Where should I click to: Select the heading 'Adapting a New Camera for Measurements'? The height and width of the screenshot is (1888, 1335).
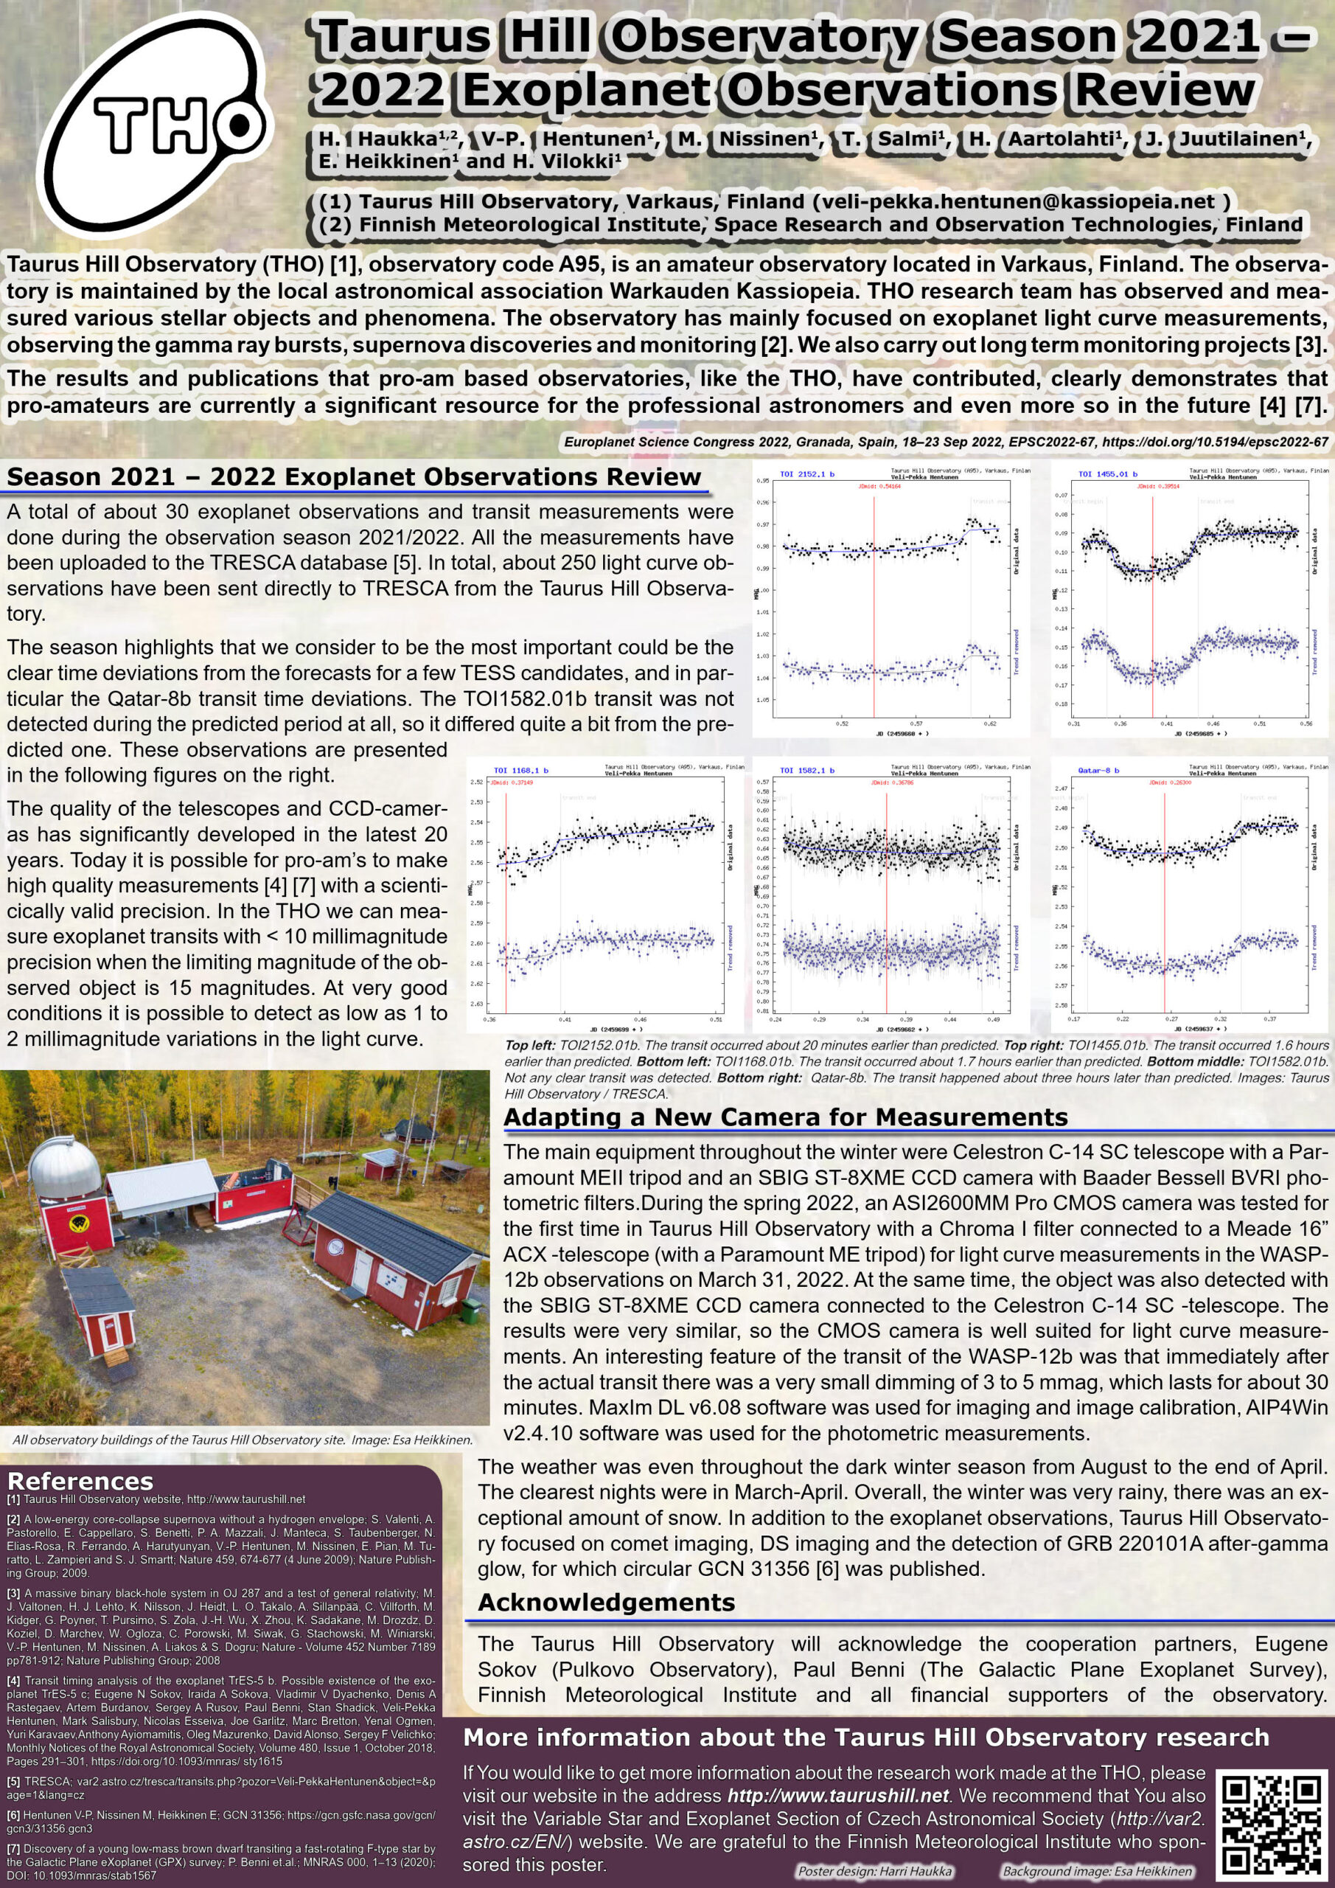[x=785, y=1117]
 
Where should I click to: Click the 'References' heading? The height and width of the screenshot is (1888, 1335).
[x=80, y=1482]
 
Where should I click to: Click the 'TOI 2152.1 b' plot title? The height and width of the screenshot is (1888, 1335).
[x=806, y=474]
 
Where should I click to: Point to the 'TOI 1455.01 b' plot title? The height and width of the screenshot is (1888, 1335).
[x=1107, y=474]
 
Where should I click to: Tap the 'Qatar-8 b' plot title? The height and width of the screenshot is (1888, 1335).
[x=1098, y=771]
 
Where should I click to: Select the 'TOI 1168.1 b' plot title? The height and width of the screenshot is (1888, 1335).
[x=520, y=771]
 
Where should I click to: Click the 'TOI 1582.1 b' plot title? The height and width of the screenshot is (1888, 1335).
[x=806, y=771]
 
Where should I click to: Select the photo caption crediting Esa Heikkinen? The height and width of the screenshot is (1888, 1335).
[x=243, y=1439]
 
